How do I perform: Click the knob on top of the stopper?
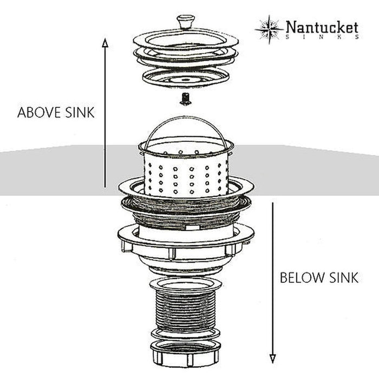(186, 22)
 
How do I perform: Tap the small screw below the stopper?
(186, 100)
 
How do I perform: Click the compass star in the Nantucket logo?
(269, 29)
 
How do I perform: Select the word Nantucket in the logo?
(322, 27)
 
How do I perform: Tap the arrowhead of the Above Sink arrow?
(105, 43)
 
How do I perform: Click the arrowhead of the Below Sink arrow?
(273, 358)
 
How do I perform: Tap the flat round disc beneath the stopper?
(186, 78)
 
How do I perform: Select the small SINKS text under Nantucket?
(322, 37)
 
